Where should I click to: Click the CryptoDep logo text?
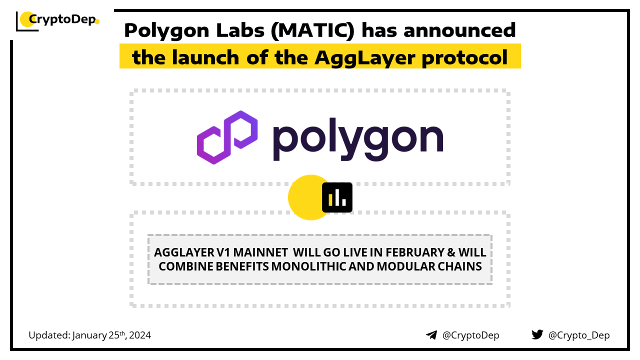click(62, 19)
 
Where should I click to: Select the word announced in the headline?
click(459, 30)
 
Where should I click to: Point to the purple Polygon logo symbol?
click(227, 137)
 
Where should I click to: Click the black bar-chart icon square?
click(337, 197)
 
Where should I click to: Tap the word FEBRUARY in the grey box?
click(415, 252)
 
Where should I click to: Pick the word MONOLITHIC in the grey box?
click(308, 266)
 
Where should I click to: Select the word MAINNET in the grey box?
click(260, 252)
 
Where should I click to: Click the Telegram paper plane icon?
click(431, 335)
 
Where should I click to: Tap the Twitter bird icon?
click(537, 334)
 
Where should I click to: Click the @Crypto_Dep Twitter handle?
click(579, 335)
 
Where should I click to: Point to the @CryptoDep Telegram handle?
click(470, 335)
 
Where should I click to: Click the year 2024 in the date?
click(139, 335)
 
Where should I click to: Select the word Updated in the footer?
click(49, 335)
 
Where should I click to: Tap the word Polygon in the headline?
click(166, 31)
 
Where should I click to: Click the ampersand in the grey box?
click(451, 252)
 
